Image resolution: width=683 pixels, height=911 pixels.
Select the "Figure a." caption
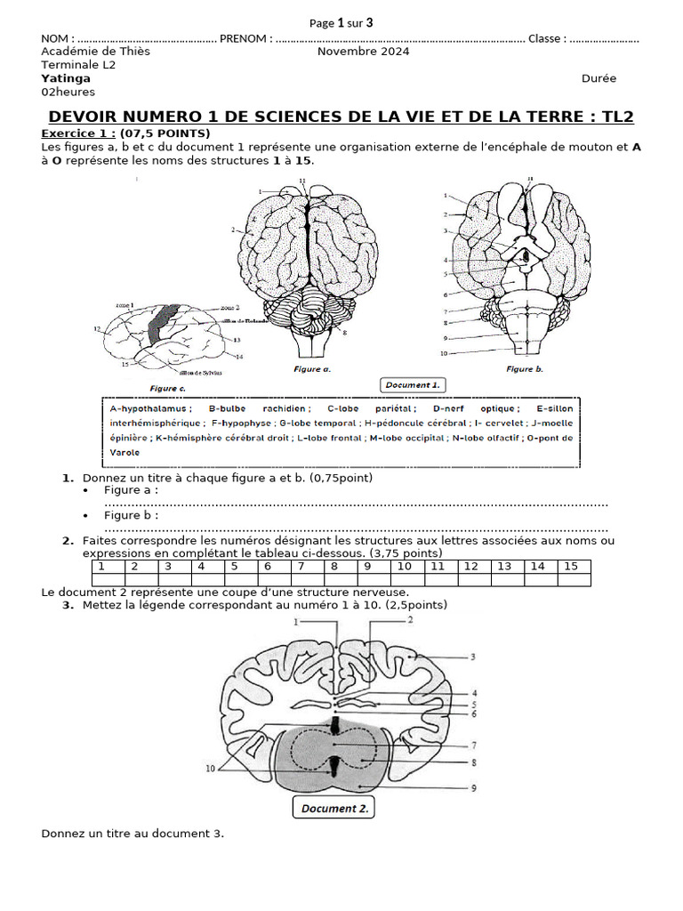(312, 367)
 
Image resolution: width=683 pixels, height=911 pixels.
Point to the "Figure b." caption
(525, 368)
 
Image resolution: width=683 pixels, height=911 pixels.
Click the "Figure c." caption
(168, 388)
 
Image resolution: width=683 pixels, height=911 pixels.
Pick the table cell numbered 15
(571, 566)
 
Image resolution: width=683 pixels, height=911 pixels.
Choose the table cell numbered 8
(334, 566)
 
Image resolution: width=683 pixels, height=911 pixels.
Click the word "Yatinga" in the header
(66, 78)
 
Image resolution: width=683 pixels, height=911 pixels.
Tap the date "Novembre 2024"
(363, 52)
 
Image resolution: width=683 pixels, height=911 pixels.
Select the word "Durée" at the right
(599, 78)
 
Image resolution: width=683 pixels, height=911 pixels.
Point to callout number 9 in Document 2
(475, 787)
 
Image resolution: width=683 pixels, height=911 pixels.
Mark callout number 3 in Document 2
(474, 657)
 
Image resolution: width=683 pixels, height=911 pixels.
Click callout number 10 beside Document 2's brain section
(210, 770)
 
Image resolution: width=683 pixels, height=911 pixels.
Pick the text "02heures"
(68, 92)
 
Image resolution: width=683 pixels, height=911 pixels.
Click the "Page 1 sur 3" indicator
(341, 23)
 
